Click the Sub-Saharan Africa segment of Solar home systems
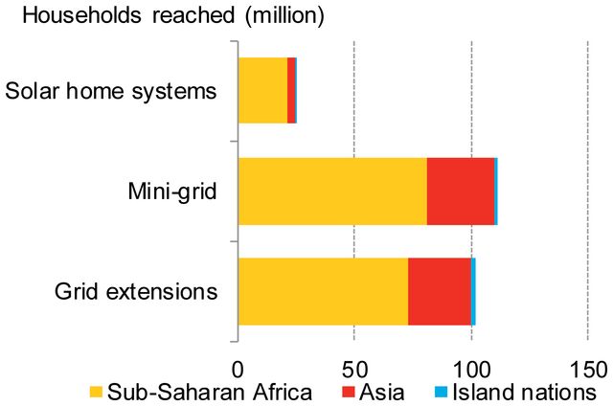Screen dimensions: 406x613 pos(262,91)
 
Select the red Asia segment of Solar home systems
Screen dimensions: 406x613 pos(291,91)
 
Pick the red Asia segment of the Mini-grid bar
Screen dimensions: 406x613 pos(460,192)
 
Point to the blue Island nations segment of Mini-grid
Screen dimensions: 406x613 pos(496,192)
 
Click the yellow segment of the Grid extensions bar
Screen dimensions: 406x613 pos(323,291)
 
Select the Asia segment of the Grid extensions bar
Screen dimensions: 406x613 pos(440,291)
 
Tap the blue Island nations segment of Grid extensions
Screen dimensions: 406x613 pos(473,291)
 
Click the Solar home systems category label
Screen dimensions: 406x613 pos(110,92)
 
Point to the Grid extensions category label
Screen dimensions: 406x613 pos(136,291)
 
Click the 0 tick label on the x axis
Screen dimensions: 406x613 pos(238,369)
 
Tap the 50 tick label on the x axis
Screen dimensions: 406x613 pos(353,369)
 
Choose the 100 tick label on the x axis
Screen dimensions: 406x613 pos(470,369)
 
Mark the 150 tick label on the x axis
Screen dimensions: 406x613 pos(587,369)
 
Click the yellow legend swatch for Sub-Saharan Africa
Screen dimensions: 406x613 pos(96,393)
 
